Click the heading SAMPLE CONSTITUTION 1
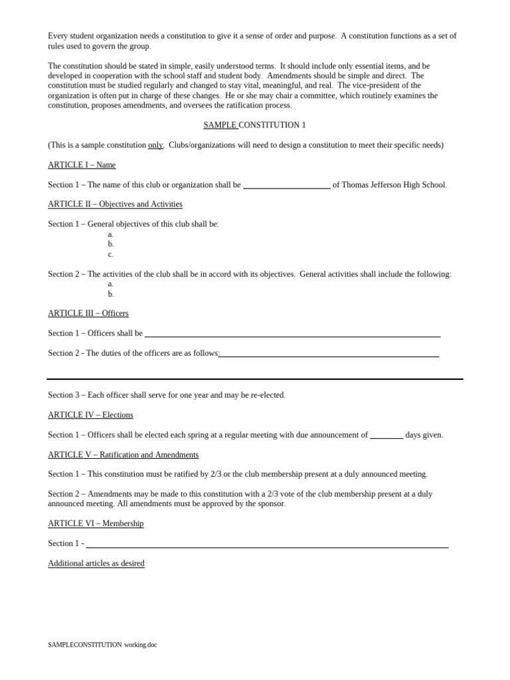tap(254, 125)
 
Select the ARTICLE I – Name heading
tap(82, 165)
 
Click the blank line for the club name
tap(286, 187)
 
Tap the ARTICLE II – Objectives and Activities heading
tap(115, 204)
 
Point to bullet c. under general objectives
tap(111, 254)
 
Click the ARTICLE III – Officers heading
tap(88, 313)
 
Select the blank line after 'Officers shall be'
tap(292, 335)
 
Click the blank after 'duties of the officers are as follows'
tap(329, 355)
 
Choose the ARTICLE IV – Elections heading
tap(90, 415)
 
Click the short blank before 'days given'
tap(386, 437)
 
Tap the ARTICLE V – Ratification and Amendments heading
tap(123, 455)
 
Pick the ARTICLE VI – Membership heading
tap(96, 523)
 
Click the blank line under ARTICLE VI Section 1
tap(267, 546)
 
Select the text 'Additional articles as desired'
tap(96, 563)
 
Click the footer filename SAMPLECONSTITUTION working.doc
tap(102, 645)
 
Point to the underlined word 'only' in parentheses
tap(155, 145)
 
